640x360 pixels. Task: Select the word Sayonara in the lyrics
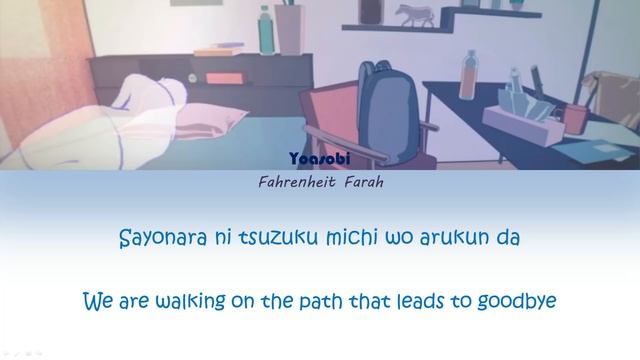[x=163, y=239]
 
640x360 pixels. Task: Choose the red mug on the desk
[x=573, y=117]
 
